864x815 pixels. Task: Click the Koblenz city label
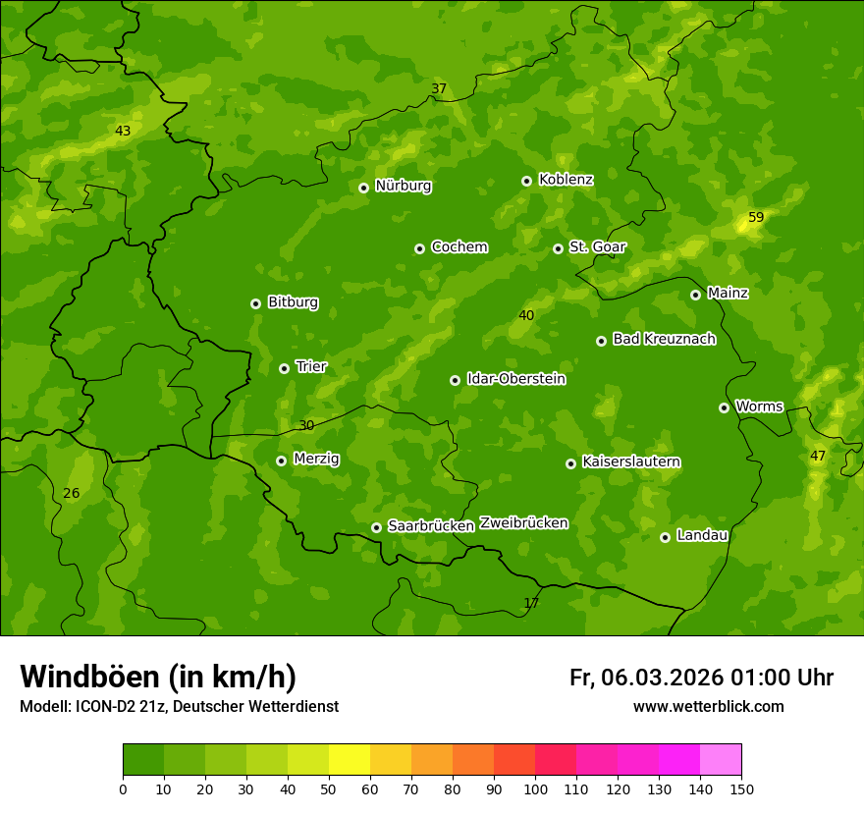pyautogui.click(x=566, y=180)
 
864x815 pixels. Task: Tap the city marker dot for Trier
pyautogui.click(x=284, y=368)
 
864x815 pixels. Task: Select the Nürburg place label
pyautogui.click(x=403, y=186)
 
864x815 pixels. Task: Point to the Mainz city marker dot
pyautogui.click(x=695, y=295)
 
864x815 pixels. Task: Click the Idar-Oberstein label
pyautogui.click(x=515, y=379)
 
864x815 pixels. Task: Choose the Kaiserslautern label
pyautogui.click(x=630, y=462)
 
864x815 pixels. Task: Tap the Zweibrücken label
pyautogui.click(x=523, y=523)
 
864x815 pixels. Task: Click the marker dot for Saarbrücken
pyautogui.click(x=376, y=527)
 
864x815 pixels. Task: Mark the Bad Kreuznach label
pyautogui.click(x=664, y=339)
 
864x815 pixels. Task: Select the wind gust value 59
pyautogui.click(x=756, y=217)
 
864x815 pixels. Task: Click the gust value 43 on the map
pyautogui.click(x=122, y=131)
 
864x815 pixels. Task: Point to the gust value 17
pyautogui.click(x=531, y=603)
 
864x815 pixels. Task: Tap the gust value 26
pyautogui.click(x=71, y=493)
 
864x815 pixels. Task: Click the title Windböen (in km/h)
pyautogui.click(x=157, y=677)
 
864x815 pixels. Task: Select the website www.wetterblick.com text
pyautogui.click(x=708, y=706)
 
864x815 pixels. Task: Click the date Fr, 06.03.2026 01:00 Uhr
pyautogui.click(x=701, y=678)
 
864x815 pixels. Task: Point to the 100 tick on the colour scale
pyautogui.click(x=535, y=788)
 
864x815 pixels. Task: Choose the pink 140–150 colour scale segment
pyautogui.click(x=721, y=760)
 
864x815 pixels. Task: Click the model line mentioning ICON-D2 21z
pyautogui.click(x=179, y=706)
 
